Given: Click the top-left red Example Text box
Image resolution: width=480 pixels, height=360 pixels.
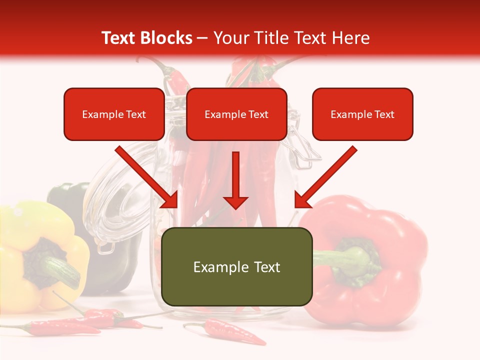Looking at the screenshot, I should coord(114,114).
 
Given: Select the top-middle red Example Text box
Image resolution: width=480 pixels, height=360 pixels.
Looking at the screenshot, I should coord(236,114).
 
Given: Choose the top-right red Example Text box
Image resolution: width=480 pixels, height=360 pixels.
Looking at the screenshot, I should coord(362,114).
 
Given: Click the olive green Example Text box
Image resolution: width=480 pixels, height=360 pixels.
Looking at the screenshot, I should coord(237,267).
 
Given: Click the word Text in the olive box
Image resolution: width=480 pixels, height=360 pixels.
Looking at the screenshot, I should coord(264,267).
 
